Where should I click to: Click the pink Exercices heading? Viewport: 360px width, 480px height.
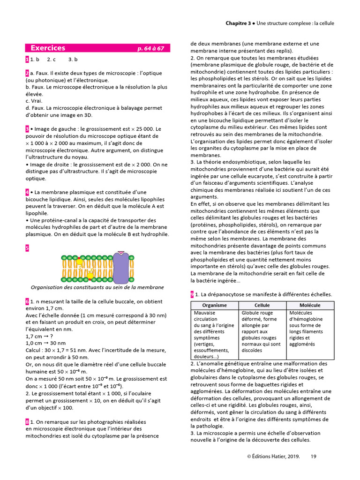(48, 48)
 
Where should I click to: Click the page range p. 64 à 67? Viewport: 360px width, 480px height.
(150, 48)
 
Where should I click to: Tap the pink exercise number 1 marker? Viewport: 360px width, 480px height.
(27, 60)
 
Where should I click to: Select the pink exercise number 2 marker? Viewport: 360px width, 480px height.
(27, 73)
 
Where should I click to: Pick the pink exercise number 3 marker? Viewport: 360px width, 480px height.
(27, 129)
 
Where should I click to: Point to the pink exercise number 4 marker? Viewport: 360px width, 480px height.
(27, 192)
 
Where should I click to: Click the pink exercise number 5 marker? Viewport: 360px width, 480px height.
(27, 247)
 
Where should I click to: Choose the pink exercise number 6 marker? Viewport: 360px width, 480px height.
(27, 301)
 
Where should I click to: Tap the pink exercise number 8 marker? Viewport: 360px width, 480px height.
(27, 422)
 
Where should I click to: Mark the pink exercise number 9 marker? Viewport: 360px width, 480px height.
(192, 294)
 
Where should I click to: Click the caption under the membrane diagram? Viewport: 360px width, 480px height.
(97, 287)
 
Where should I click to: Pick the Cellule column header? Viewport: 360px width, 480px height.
(262, 305)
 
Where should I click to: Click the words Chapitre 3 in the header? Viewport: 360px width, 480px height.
(238, 22)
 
